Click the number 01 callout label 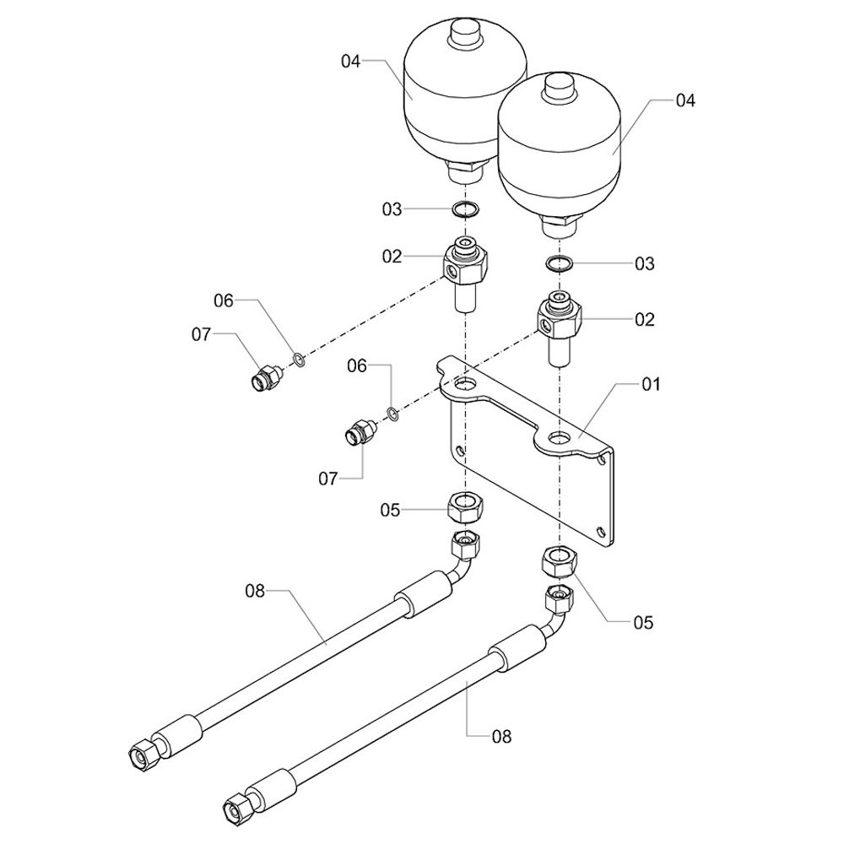(x=651, y=384)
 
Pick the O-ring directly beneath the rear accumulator (x=463, y=208)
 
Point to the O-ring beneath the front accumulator (x=559, y=263)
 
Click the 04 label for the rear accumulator (x=351, y=61)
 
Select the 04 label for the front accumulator (x=684, y=100)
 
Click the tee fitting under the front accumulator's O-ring (x=559, y=325)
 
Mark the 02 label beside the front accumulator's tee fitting (x=645, y=320)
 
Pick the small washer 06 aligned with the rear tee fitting (x=299, y=360)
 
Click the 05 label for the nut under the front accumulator (x=644, y=623)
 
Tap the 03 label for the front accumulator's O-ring (x=645, y=264)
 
